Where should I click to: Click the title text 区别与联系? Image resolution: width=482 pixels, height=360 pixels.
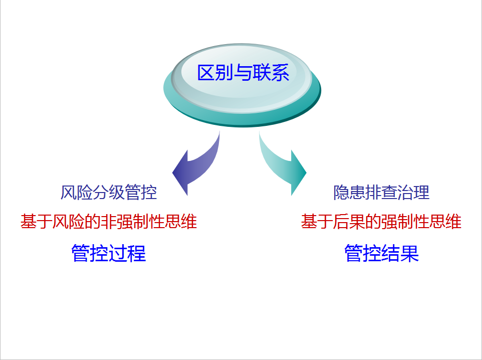click(x=243, y=73)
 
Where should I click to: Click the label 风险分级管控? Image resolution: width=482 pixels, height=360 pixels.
click(x=109, y=193)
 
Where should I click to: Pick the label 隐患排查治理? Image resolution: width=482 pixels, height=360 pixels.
click(x=381, y=193)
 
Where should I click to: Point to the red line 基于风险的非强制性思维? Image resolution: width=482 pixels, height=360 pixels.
click(x=109, y=222)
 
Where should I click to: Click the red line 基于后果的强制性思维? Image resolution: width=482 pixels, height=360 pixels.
click(x=381, y=222)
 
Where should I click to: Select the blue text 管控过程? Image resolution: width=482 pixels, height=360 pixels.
click(x=109, y=253)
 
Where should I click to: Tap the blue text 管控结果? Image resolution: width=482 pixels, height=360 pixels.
click(x=381, y=253)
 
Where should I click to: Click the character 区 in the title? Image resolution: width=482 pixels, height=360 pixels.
click(x=206, y=73)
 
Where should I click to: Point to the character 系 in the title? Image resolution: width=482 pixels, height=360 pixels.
click(x=281, y=73)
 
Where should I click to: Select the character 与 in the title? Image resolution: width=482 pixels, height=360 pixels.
click(x=243, y=73)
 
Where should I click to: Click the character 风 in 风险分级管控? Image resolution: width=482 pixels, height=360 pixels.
click(x=68, y=193)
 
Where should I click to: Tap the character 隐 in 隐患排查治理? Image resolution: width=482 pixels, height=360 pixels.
click(x=341, y=193)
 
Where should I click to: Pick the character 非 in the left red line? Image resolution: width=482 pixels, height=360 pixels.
click(x=109, y=222)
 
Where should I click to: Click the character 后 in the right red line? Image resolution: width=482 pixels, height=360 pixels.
click(x=341, y=222)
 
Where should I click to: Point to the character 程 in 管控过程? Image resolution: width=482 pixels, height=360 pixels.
click(x=137, y=253)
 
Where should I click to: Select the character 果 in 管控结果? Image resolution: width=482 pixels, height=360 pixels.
click(x=410, y=253)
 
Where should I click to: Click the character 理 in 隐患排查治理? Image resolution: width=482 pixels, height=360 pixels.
click(x=421, y=193)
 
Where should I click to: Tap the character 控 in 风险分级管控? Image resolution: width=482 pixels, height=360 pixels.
click(x=149, y=193)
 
